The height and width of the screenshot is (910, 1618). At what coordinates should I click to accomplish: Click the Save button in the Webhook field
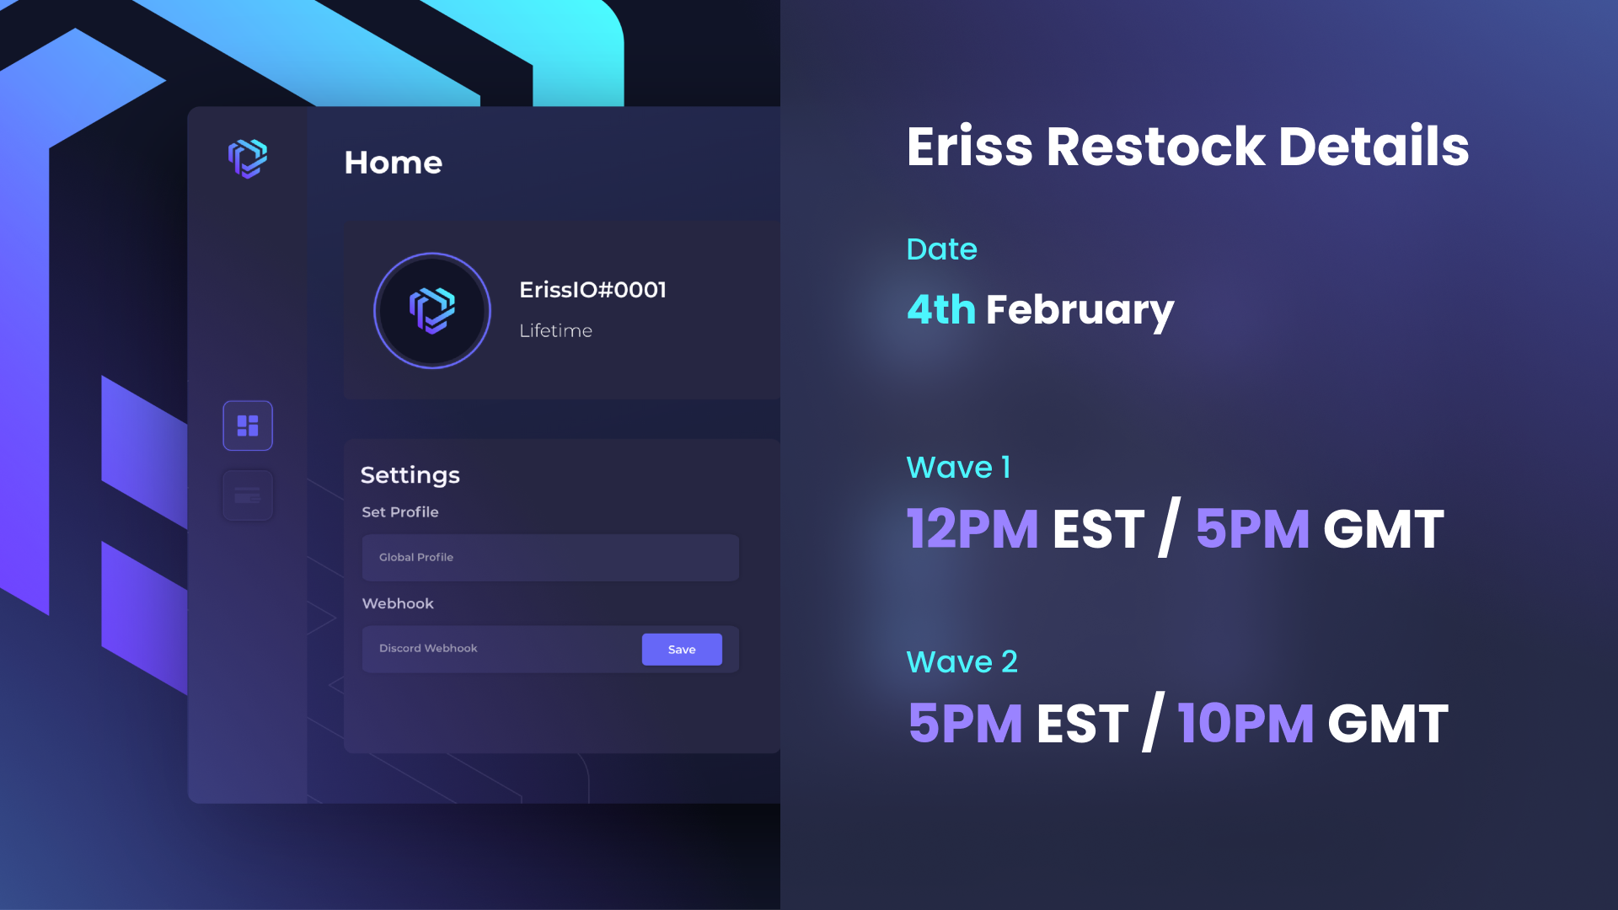pos(682,650)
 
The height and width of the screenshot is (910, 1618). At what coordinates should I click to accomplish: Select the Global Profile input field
pos(550,557)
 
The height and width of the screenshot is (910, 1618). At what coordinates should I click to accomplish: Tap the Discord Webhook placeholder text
pos(428,648)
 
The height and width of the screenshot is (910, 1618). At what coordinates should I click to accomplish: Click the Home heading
pos(393,163)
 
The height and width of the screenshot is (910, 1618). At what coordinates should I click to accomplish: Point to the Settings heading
pos(410,475)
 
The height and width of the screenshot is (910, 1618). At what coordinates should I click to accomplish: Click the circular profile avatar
pos(432,311)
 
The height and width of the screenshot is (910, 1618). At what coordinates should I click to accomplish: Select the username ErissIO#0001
pos(592,290)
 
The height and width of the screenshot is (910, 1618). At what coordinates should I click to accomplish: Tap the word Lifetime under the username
pos(555,330)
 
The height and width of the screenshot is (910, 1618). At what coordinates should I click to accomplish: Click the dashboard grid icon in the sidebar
pos(248,426)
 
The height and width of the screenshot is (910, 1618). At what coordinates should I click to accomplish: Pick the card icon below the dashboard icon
pos(248,495)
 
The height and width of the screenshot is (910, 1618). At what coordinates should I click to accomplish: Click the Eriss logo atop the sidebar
pos(248,158)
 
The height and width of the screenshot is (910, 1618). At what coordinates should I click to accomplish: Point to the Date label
pos(941,249)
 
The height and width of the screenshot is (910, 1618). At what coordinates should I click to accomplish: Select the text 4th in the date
pos(941,309)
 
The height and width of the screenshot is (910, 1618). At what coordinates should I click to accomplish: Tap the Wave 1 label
pos(958,468)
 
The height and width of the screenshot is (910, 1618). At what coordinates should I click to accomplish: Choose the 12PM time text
pos(972,529)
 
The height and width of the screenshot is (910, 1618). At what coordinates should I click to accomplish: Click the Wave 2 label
pos(962,662)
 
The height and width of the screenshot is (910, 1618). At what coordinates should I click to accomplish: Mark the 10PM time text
pos(1246,724)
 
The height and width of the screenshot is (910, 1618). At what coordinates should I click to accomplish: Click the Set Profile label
pos(400,512)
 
